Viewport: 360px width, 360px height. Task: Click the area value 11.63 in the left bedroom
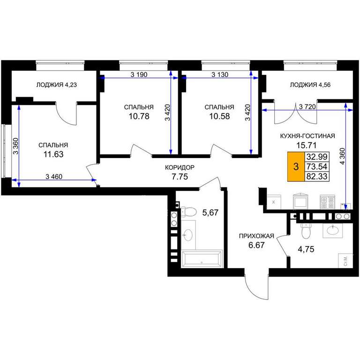53,154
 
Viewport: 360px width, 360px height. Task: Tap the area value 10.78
139,116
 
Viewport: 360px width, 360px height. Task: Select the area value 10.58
219,116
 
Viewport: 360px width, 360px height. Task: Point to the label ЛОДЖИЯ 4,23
56,85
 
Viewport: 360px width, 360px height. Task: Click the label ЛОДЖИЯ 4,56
310,85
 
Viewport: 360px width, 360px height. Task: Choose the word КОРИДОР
180,167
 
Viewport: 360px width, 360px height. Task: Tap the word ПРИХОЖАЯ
256,236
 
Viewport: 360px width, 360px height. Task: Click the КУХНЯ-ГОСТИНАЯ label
307,136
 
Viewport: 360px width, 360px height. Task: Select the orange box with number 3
296,166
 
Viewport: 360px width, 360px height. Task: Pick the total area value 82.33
317,176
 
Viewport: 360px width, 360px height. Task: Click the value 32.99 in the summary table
317,157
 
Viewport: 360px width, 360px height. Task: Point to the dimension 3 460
54,177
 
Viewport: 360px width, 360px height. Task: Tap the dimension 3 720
307,106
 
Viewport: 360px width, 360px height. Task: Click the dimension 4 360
342,157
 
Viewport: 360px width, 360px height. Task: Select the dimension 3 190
139,75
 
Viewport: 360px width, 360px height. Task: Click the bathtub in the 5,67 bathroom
202,259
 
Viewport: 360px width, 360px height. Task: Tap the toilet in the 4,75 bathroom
306,231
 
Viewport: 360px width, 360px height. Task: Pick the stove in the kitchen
328,202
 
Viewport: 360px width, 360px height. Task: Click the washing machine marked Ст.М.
345,261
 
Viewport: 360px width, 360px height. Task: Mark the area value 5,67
210,213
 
